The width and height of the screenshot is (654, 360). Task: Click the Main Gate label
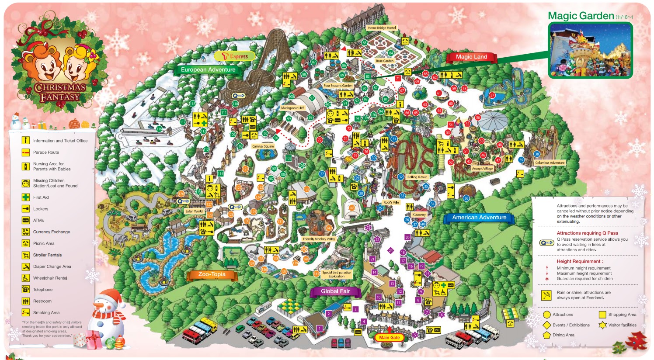(x=389, y=337)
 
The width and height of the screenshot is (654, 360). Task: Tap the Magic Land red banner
(x=471, y=57)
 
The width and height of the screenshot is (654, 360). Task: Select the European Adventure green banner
(x=208, y=69)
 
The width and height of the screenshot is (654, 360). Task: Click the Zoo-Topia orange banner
(x=212, y=274)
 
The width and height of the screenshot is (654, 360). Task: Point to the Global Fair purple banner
(x=335, y=291)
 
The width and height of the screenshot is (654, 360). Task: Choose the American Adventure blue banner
(x=479, y=217)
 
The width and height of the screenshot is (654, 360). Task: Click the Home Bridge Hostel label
(x=382, y=28)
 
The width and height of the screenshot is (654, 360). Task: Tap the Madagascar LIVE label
(x=292, y=108)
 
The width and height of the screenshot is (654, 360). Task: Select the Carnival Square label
(x=263, y=146)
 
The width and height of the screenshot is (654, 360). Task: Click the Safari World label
(x=194, y=211)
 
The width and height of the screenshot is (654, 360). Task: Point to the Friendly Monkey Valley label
(x=319, y=239)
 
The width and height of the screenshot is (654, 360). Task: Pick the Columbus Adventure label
(x=550, y=163)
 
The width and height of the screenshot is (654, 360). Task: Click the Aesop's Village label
(x=482, y=169)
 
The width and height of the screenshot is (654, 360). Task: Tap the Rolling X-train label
(x=417, y=177)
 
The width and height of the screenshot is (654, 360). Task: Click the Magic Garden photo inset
(x=590, y=50)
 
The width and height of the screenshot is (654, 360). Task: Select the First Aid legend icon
(x=26, y=197)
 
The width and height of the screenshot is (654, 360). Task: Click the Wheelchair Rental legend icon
(x=26, y=278)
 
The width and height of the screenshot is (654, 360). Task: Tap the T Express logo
(x=235, y=56)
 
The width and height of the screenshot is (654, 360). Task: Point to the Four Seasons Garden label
(x=338, y=86)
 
